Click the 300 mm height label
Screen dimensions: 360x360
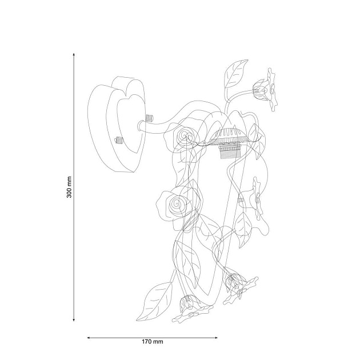tap(69, 187)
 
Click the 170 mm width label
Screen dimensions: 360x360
tap(152, 342)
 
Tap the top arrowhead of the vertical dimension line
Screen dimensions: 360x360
tap(74, 54)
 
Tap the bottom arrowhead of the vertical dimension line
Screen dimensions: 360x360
tap(74, 319)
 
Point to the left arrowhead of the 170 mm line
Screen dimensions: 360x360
tap(89, 338)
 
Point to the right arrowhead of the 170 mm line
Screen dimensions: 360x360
tap(216, 338)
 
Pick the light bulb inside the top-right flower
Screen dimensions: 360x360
tap(258, 90)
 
